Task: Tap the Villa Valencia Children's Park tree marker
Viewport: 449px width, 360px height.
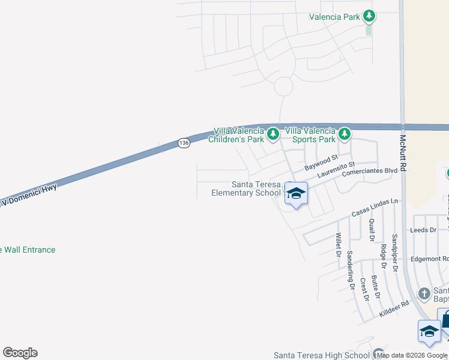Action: point(273,133)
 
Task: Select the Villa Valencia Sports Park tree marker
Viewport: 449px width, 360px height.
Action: point(344,133)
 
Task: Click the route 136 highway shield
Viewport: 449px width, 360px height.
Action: point(184,143)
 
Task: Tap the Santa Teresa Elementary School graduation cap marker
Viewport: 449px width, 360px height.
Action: point(295,194)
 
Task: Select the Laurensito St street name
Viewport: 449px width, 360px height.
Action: point(337,170)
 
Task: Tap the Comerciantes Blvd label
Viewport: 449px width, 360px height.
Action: point(370,170)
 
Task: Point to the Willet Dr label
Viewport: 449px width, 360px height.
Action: point(339,245)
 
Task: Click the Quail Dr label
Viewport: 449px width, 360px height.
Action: point(372,229)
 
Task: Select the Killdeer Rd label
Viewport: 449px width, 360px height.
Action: point(394,309)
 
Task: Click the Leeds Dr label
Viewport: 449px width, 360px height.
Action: point(423,230)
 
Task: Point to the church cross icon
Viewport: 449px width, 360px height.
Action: point(424,293)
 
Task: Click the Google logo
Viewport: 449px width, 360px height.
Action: point(20,353)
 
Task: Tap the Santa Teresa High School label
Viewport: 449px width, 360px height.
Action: point(322,356)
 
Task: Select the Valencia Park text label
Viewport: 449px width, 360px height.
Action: point(334,17)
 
